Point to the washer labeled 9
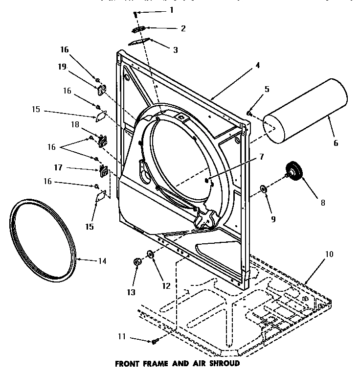pos(263,188)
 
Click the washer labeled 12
pos(150,254)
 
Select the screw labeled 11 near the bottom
pos(155,341)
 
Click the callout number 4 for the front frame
pos(257,65)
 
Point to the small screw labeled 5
pos(249,113)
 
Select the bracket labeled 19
pos(102,90)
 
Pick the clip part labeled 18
pos(103,140)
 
